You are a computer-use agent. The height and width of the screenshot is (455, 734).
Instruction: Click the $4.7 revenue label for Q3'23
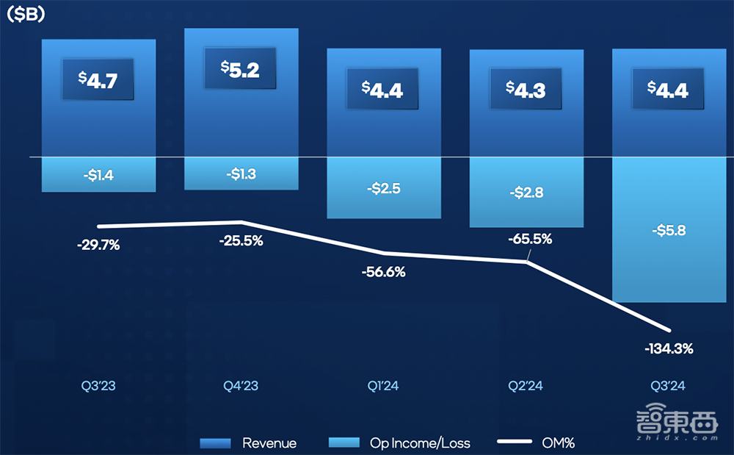coord(98,79)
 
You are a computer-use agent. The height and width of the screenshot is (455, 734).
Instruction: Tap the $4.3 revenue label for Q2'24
coord(526,89)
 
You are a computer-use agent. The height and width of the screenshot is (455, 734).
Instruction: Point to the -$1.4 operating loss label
coord(98,175)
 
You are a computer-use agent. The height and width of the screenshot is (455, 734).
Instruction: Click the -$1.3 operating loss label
coord(241,173)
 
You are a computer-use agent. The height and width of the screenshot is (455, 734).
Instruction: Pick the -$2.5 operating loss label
coord(384,188)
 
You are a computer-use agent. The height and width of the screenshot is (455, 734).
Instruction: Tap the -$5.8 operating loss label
coord(668,229)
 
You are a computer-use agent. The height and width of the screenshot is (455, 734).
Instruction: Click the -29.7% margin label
coord(98,246)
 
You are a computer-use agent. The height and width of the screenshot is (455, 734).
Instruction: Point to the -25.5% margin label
coord(241,240)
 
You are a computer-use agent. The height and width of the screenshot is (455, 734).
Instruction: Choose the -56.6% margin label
coord(383,271)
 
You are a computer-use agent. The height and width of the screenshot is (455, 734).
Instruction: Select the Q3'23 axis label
coord(98,386)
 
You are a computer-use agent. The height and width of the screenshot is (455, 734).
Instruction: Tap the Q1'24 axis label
coord(383,386)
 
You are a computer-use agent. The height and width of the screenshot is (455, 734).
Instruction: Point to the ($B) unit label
coord(26,15)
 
